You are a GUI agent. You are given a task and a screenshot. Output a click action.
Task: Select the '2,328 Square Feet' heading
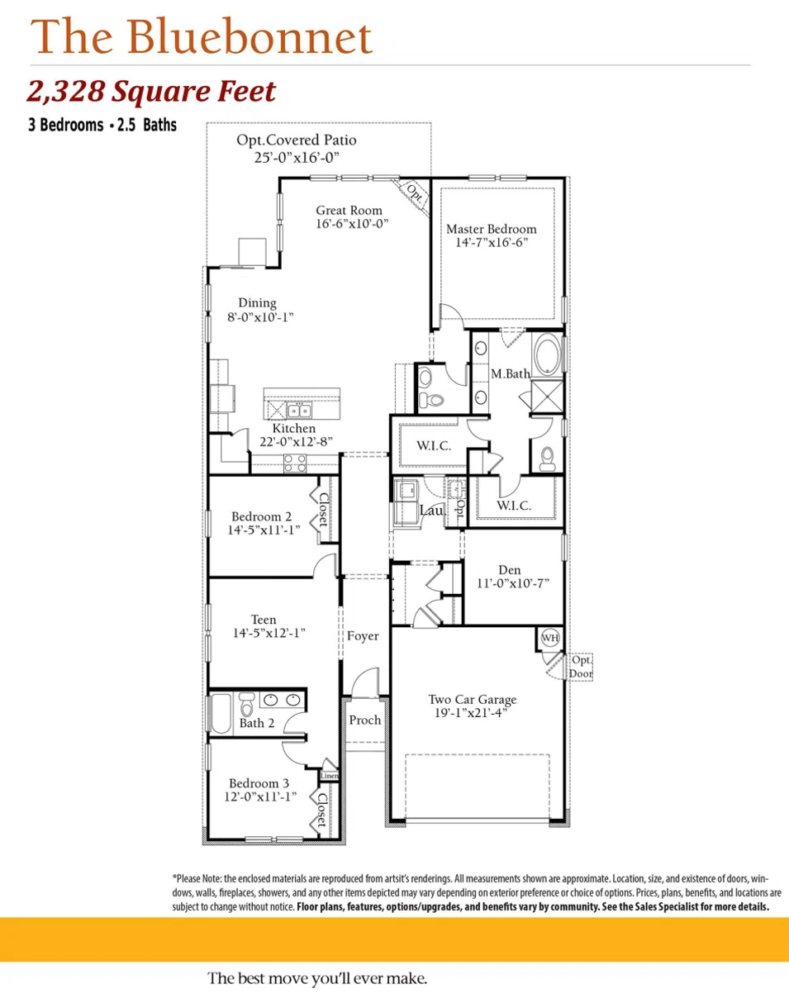tap(151, 92)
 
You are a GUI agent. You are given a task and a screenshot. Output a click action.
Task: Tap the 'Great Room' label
tap(348, 211)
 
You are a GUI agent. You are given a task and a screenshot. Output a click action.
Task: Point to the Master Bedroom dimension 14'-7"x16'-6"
tap(491, 243)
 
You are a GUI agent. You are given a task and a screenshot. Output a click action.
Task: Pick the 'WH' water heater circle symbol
tap(549, 638)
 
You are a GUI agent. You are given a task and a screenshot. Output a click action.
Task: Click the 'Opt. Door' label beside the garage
tap(580, 667)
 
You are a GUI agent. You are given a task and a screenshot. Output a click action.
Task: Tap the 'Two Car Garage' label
tap(467, 700)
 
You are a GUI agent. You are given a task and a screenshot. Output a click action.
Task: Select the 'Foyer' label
tap(363, 635)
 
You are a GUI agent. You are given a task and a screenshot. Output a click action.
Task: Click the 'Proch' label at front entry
tap(364, 720)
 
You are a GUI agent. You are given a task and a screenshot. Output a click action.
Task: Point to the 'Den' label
tap(509, 569)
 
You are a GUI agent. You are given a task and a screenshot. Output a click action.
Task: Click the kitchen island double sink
tap(298, 410)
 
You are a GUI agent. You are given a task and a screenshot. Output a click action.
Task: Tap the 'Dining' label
tap(257, 303)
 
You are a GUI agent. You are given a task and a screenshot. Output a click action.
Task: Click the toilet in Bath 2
tap(245, 707)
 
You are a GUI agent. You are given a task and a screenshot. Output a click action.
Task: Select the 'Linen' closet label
tap(329, 776)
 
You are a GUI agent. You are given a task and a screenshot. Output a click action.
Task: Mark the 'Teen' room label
tap(264, 620)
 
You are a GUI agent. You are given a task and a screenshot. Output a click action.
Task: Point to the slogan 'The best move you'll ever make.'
tap(317, 978)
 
